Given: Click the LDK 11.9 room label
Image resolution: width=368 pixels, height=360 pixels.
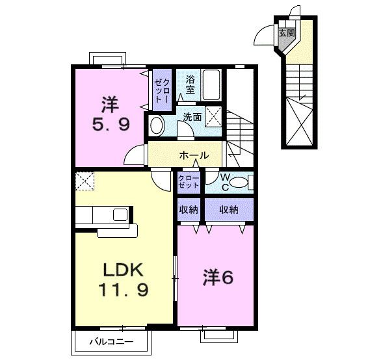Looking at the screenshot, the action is (123, 279).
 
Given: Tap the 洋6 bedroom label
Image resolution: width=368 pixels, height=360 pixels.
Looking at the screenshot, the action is (218, 277).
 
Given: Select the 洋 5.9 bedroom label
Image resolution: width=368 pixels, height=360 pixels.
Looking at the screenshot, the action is (111, 114).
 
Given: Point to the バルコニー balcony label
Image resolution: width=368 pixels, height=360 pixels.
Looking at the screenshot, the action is (111, 342).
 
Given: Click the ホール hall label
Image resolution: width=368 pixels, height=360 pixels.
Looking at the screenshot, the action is (194, 155).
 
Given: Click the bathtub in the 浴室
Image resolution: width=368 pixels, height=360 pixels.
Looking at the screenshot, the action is (211, 85).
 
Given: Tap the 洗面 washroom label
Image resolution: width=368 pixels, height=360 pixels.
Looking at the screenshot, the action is (192, 117).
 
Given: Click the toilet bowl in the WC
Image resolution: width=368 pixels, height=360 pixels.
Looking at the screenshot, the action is (239, 182).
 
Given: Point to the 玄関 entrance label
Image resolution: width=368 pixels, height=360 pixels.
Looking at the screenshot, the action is (287, 33).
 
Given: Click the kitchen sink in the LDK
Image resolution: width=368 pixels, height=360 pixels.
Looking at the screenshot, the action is (120, 214).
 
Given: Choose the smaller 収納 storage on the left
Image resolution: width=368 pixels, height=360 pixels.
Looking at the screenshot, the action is (189, 209).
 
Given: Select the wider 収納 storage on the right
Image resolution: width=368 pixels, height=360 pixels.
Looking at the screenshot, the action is (229, 209).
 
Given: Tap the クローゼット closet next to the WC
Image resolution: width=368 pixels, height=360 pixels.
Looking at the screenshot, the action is (189, 182).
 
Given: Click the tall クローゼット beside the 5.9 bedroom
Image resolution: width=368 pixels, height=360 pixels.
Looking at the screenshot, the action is (162, 90).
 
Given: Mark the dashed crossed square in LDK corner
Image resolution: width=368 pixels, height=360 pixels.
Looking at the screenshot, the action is (85, 181).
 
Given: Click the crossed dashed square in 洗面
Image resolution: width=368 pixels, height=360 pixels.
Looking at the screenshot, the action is (213, 116).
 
